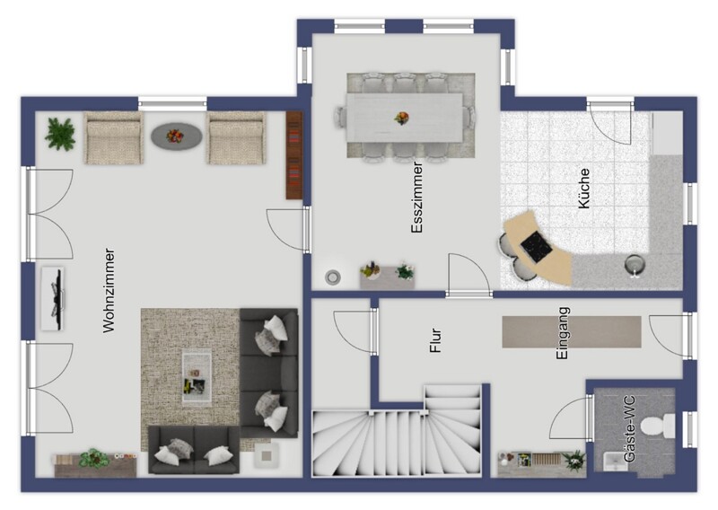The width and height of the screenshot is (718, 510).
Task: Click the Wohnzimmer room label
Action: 109,291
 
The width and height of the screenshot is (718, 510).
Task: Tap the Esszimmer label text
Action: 416,197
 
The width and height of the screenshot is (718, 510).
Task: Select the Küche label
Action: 583,189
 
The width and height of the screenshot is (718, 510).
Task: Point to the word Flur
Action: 435,340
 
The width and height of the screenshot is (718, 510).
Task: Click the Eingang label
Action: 563,333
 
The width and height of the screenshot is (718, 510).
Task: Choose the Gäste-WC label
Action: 630,429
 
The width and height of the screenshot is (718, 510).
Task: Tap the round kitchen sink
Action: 635,265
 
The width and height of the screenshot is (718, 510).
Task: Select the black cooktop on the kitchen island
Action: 536,247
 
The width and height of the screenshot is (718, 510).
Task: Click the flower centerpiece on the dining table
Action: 401,118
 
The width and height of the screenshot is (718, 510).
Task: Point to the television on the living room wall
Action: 53,299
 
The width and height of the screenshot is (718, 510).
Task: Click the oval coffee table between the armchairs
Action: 176,136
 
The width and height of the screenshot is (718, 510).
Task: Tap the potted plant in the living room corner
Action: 60,134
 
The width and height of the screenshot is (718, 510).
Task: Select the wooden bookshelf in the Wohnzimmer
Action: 294,155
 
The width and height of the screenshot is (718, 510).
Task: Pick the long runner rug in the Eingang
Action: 572,331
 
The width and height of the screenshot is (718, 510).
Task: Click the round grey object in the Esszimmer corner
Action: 332,277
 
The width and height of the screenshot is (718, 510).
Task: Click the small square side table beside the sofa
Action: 267,455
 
